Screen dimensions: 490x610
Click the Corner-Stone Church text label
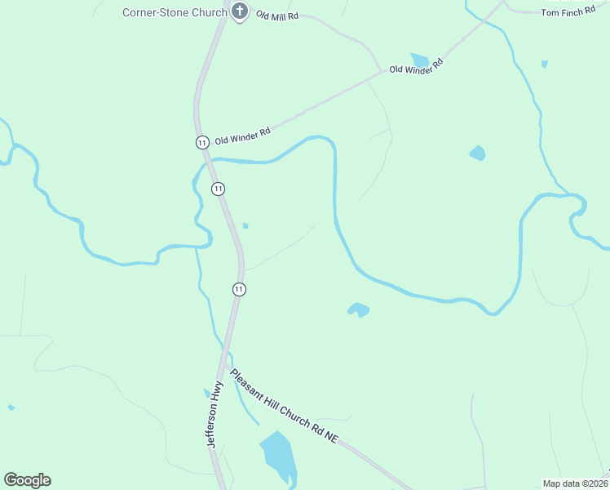175,12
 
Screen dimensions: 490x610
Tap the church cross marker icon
240,11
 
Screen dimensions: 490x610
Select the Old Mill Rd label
277,16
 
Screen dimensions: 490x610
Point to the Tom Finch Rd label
568,12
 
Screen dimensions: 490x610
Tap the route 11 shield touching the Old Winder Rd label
202,142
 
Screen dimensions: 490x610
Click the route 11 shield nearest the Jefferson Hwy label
239,289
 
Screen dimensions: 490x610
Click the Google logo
27,480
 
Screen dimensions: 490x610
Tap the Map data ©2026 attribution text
575,483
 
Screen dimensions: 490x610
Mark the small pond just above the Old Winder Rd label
420,60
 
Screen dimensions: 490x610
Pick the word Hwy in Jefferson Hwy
218,394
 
